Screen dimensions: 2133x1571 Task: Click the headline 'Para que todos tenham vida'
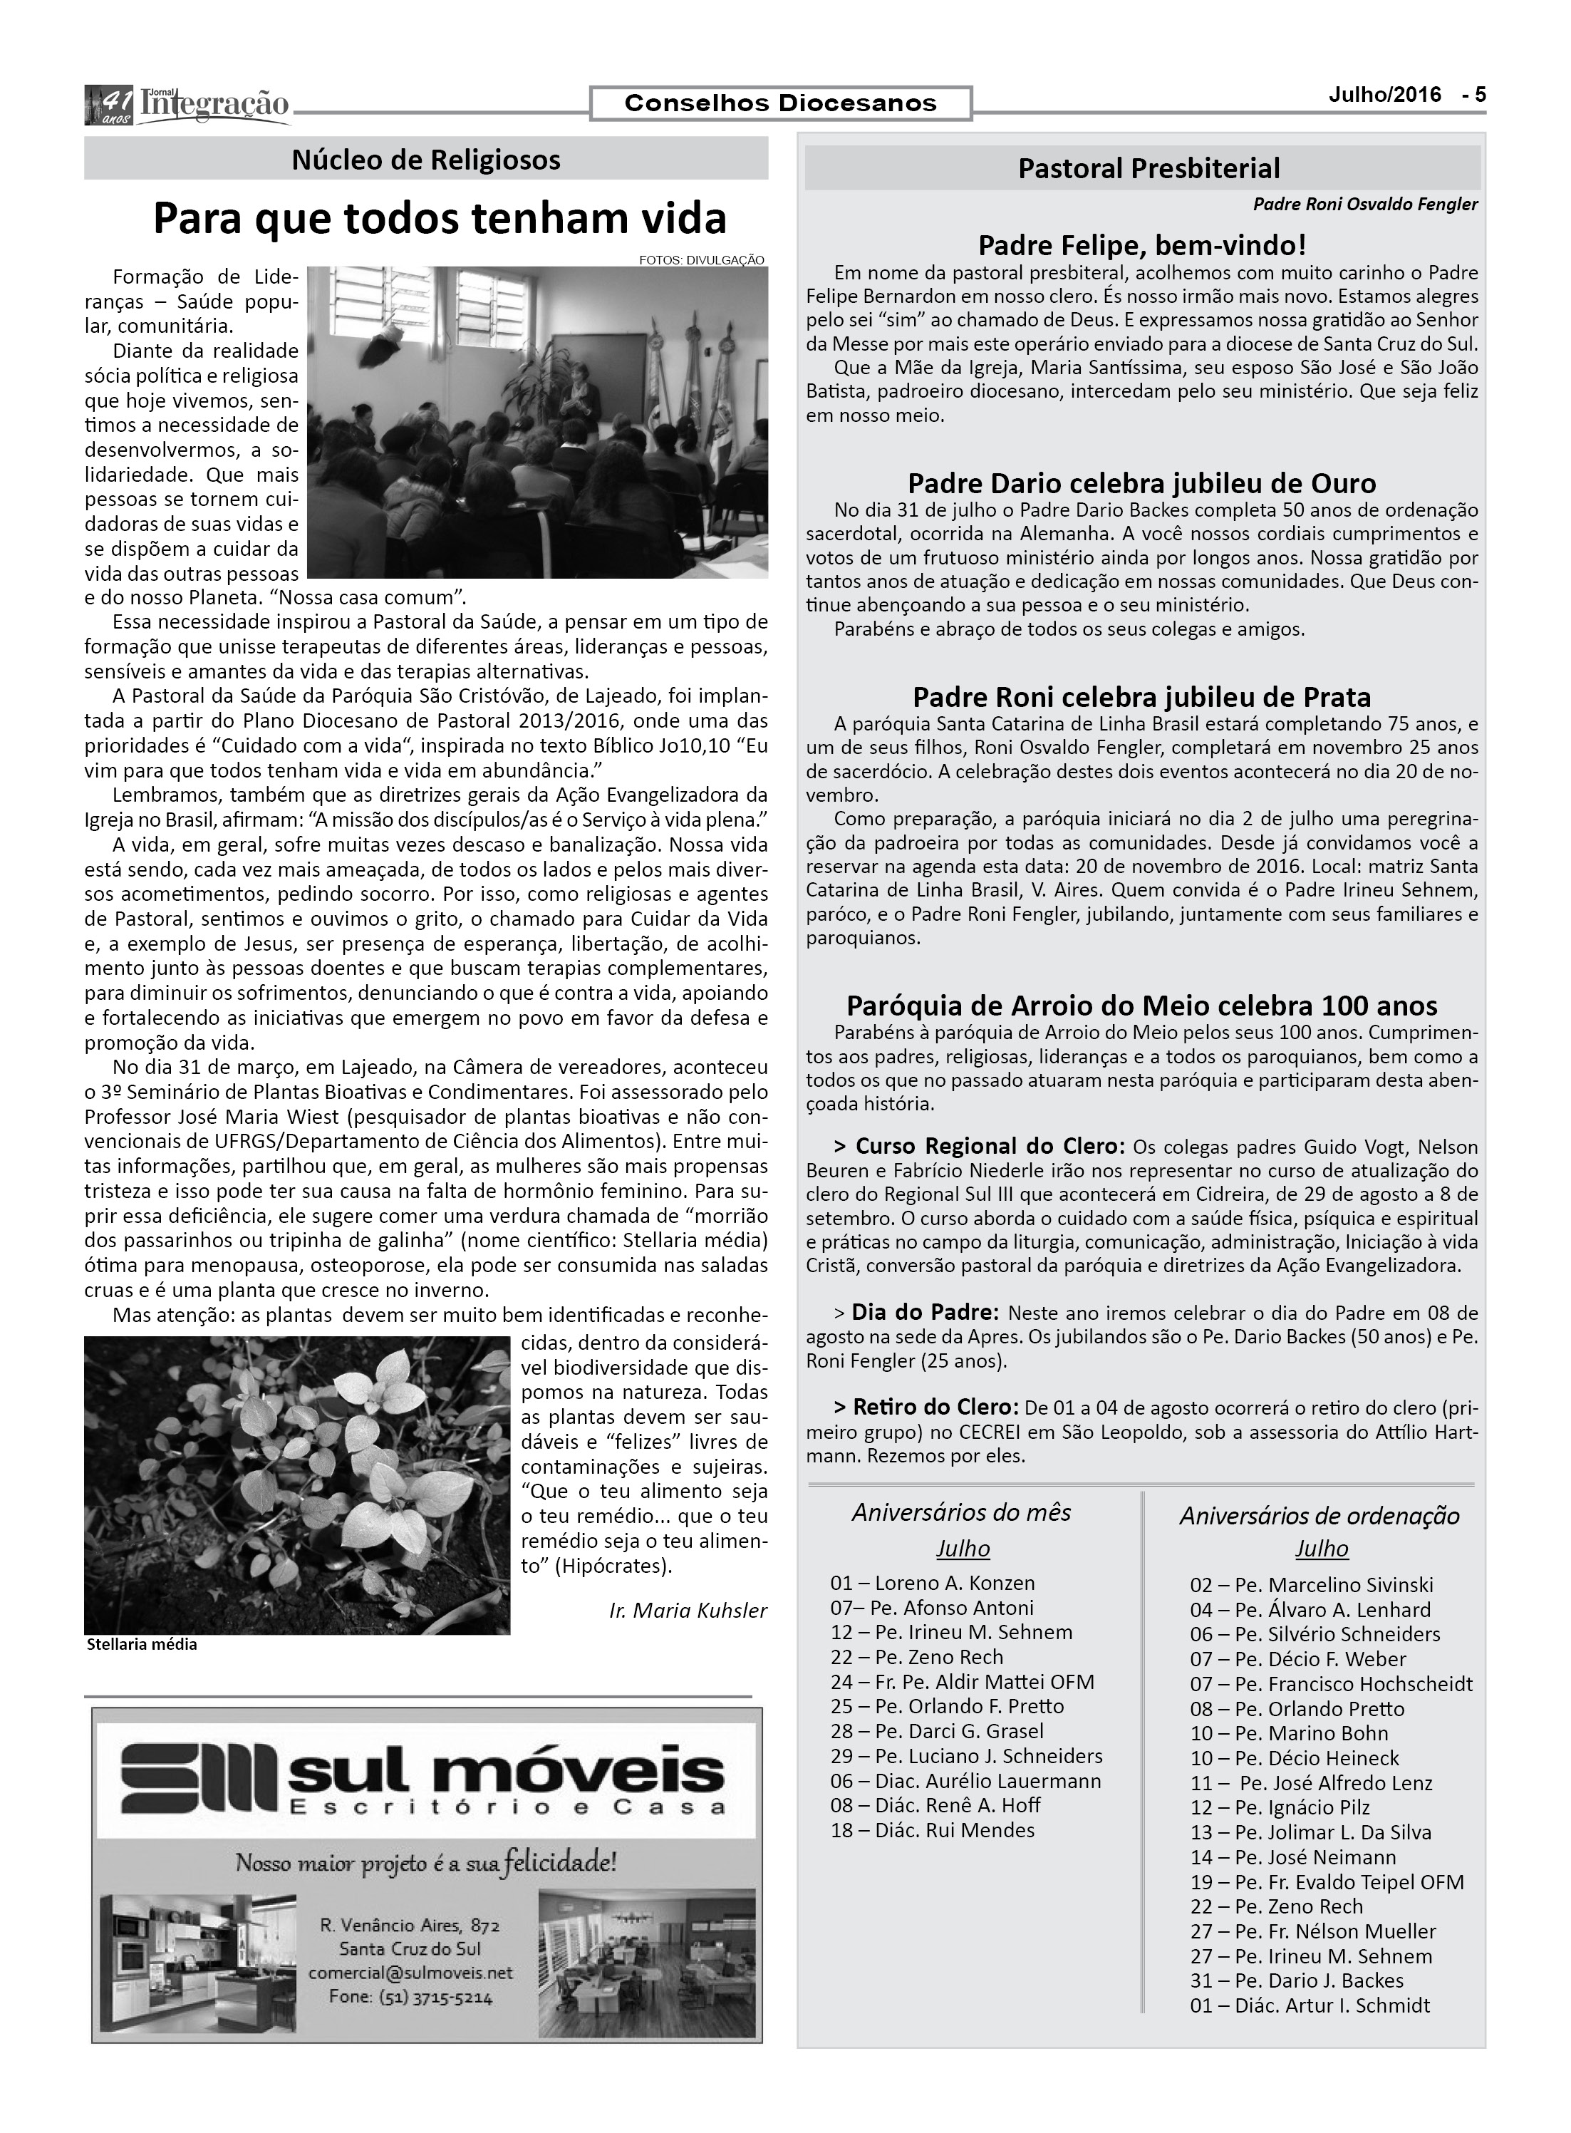(440, 219)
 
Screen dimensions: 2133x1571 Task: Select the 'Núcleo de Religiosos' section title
(425, 160)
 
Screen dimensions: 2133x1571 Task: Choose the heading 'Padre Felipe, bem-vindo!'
(1142, 245)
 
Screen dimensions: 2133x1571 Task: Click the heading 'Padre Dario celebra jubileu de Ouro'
(1142, 483)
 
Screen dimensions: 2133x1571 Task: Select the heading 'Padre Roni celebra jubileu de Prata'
(1142, 697)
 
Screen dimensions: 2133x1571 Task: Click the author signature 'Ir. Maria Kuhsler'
(688, 1610)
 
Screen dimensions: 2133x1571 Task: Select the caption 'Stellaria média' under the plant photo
(142, 1644)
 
